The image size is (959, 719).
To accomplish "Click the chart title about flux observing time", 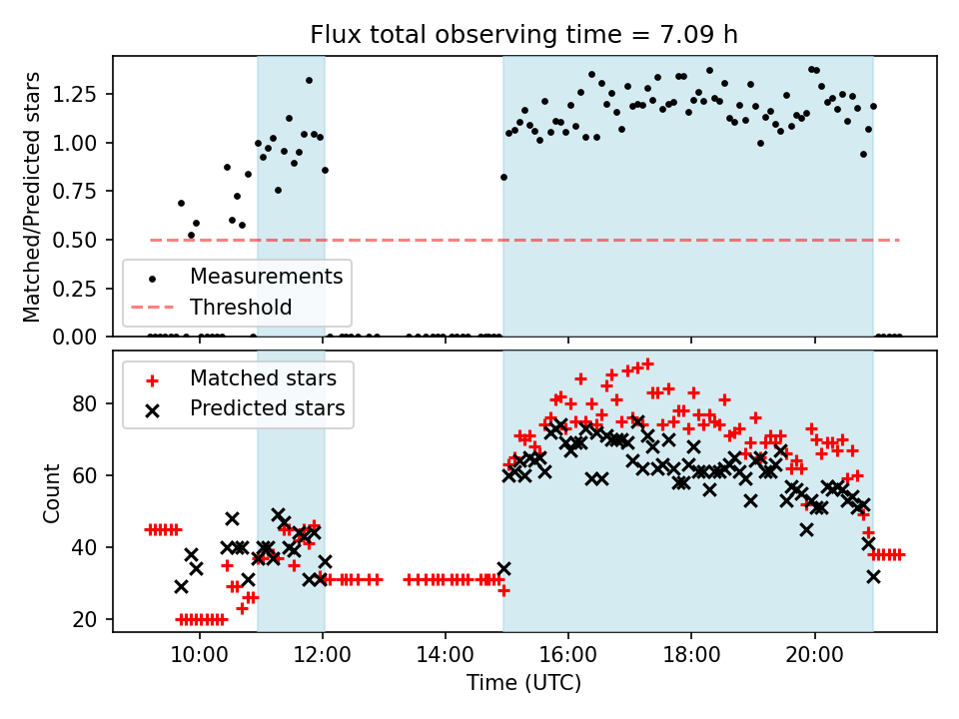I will (524, 35).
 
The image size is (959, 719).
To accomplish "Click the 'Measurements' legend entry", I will (266, 275).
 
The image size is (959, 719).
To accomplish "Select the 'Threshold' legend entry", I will (241, 307).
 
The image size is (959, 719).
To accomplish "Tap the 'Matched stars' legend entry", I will (263, 378).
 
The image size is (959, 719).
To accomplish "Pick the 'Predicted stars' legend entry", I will (267, 408).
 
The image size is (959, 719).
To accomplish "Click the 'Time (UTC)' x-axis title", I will (523, 683).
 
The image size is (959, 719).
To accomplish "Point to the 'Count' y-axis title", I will (51, 492).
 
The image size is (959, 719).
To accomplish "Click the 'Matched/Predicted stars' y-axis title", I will (32, 197).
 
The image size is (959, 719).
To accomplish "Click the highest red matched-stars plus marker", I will (647, 364).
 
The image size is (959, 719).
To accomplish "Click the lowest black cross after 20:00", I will (873, 576).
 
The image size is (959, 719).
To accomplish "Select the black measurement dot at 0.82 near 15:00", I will (503, 177).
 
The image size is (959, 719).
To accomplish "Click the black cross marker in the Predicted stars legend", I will (152, 408).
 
